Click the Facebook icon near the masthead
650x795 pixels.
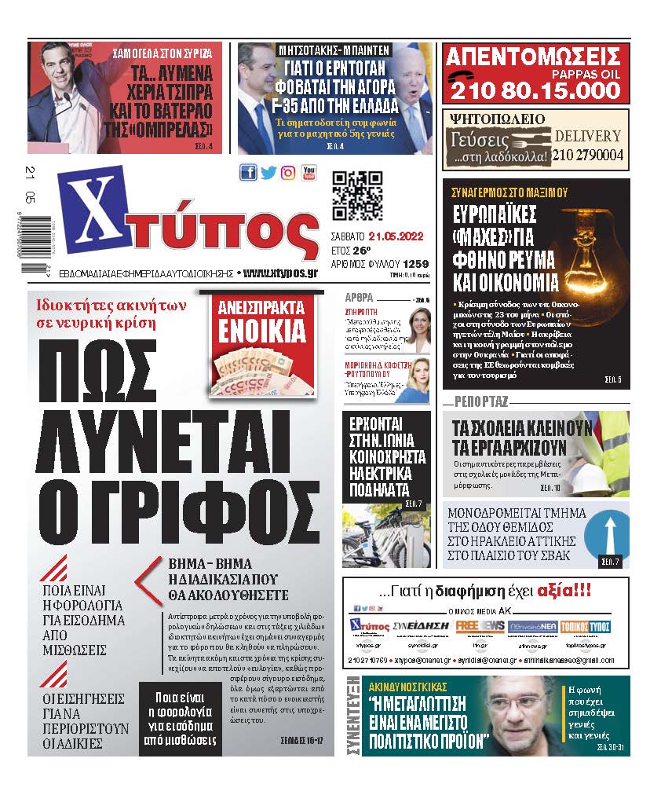coord(248,173)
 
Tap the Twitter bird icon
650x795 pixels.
coord(268,173)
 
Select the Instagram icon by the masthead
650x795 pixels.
coord(288,173)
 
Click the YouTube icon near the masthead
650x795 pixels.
coord(309,173)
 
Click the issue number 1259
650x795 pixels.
coord(416,264)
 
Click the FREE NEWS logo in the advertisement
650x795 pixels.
coord(480,626)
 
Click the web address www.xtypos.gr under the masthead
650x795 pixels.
coord(280,273)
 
